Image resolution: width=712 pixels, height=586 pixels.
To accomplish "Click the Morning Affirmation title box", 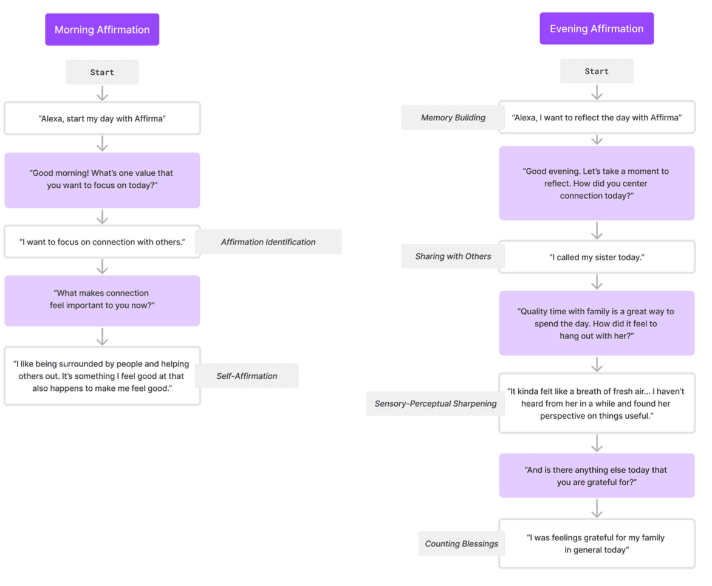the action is click(102, 30).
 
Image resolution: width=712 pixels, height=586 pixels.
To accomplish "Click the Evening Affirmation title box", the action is click(597, 29).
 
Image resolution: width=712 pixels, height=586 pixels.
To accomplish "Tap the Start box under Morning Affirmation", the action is click(102, 72).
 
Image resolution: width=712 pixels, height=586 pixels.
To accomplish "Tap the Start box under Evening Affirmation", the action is click(597, 71).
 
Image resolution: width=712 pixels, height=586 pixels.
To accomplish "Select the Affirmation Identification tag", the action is click(269, 242).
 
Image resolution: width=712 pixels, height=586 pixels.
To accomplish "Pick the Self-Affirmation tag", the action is click(247, 376).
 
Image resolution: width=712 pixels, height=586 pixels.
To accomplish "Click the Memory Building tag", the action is click(453, 118).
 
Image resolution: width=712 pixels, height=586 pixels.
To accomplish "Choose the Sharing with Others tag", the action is click(453, 256).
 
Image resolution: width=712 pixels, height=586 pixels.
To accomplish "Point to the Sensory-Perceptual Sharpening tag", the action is click(436, 404).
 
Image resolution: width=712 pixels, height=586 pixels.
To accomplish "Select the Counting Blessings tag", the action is click(461, 544).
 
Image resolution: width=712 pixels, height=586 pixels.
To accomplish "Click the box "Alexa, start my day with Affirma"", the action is click(102, 118).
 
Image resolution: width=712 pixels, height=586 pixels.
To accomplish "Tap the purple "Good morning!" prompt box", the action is click(102, 181).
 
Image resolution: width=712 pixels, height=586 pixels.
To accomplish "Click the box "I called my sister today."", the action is click(597, 257).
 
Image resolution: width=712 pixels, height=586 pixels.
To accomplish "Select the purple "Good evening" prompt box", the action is click(597, 183).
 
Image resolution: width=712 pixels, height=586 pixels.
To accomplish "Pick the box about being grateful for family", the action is click(597, 544).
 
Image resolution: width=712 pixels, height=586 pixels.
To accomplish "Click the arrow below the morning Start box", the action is click(102, 93).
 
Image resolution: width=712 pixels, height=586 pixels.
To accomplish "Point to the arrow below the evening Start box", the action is click(597, 92).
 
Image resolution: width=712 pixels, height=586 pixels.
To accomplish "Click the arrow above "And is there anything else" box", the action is click(597, 443).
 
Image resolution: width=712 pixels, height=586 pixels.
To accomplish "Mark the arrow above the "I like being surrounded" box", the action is click(102, 337).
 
